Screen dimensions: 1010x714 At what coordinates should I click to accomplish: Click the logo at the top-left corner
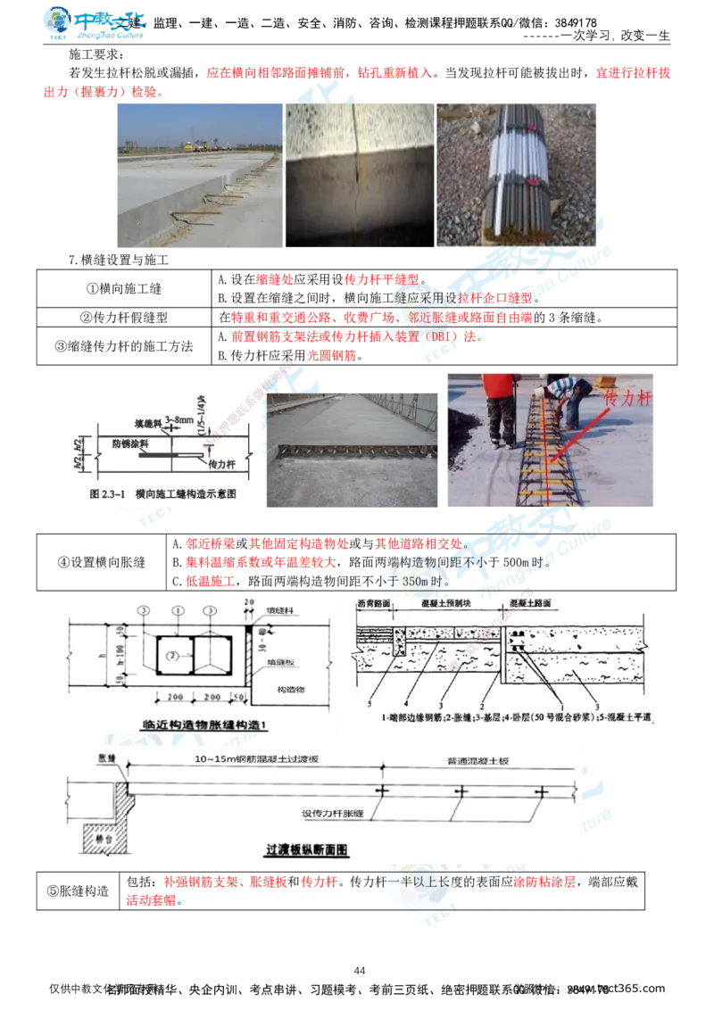tap(95, 24)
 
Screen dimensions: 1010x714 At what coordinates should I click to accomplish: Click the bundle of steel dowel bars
tap(518, 174)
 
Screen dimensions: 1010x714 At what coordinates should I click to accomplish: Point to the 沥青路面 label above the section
tap(375, 604)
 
